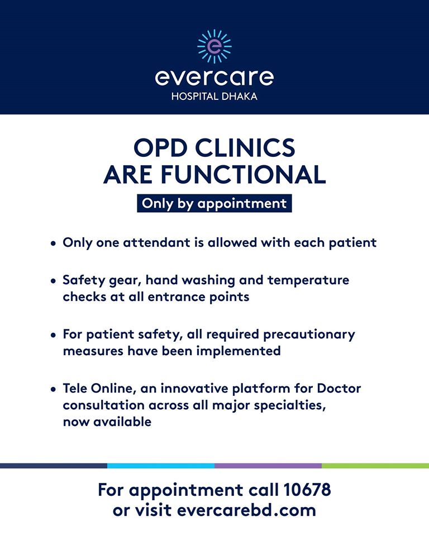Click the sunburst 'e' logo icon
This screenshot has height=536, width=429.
pyautogui.click(x=214, y=46)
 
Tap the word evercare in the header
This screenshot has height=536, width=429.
pyautogui.click(x=214, y=78)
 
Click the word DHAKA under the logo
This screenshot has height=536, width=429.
pyautogui.click(x=240, y=97)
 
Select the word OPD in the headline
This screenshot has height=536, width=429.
pyautogui.click(x=160, y=147)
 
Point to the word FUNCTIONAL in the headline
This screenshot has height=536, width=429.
pyautogui.click(x=243, y=175)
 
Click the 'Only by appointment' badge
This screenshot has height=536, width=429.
pyautogui.click(x=214, y=203)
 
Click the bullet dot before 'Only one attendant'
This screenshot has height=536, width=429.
pyautogui.click(x=53, y=244)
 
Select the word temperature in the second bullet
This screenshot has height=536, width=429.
pyautogui.click(x=308, y=280)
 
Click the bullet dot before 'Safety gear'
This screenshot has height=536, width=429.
pyautogui.click(x=53, y=281)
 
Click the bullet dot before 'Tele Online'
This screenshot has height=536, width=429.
pyautogui.click(x=53, y=389)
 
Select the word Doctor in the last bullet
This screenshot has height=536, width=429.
pyautogui.click(x=339, y=389)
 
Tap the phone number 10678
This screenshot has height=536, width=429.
pyautogui.click(x=307, y=490)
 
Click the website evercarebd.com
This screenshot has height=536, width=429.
pyautogui.click(x=246, y=510)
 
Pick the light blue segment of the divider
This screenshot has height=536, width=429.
pyautogui.click(x=161, y=466)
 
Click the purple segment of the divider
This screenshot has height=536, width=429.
pyautogui.click(x=268, y=466)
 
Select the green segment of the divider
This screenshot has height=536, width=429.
pyautogui.click(x=375, y=466)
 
